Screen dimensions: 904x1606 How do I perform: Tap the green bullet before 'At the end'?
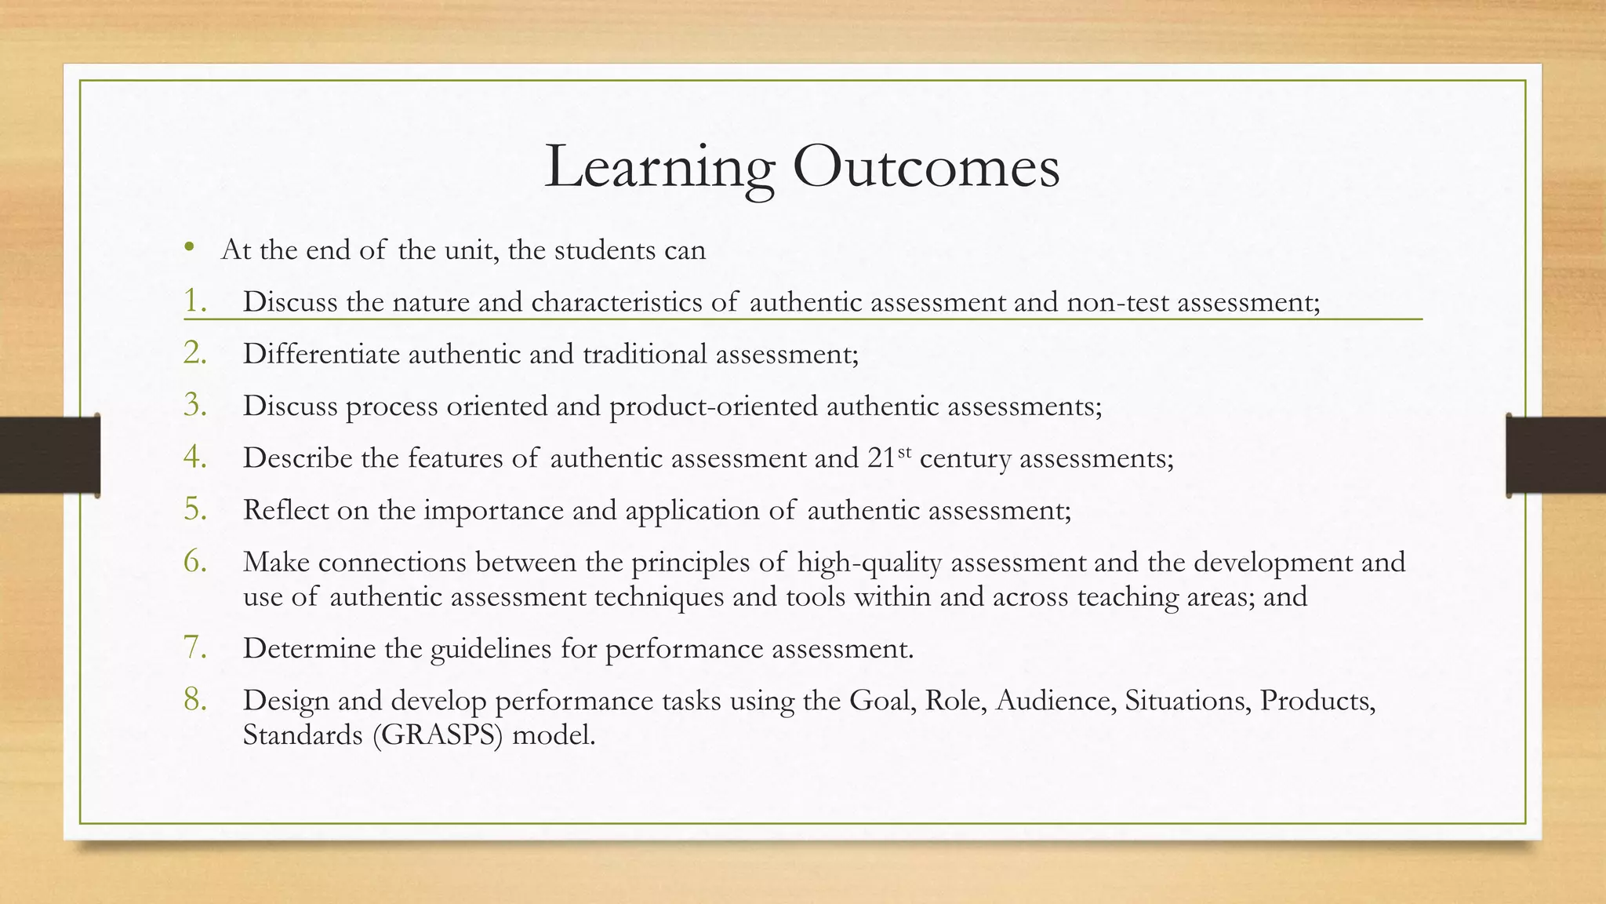tap(189, 249)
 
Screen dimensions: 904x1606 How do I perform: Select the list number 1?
tap(194, 301)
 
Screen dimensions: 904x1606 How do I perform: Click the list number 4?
tap(194, 457)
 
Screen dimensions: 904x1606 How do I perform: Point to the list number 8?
tap(194, 699)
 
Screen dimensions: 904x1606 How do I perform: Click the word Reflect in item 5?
tap(285, 510)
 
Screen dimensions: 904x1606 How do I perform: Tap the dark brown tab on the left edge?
tap(49, 455)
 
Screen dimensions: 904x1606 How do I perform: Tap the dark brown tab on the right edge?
tap(1556, 455)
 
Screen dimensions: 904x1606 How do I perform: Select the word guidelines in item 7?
tap(491, 649)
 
